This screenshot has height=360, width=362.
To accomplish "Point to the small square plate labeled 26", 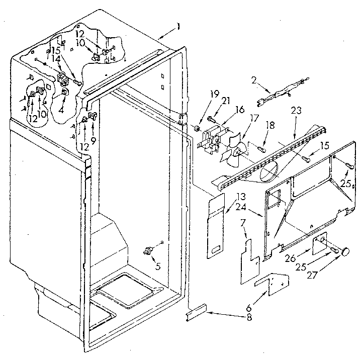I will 318,246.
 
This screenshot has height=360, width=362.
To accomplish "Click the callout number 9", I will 92,135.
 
